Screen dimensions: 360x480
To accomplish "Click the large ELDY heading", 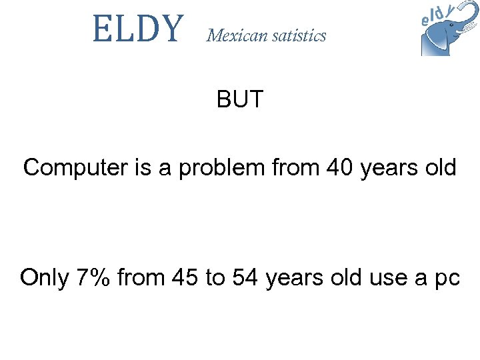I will [137, 29].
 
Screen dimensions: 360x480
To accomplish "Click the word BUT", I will [240, 100].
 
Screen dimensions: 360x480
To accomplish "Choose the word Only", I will [44, 277].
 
